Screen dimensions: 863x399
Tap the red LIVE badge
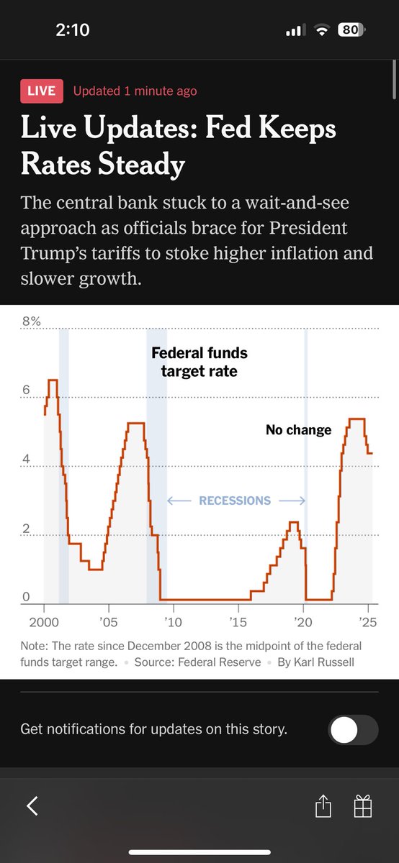click(x=42, y=91)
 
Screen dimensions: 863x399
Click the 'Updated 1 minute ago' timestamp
click(x=135, y=91)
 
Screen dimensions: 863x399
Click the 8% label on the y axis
click(x=31, y=322)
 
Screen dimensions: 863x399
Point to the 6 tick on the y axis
click(x=26, y=391)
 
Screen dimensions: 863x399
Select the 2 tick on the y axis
click(x=26, y=529)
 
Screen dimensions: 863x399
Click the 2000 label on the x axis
click(x=43, y=621)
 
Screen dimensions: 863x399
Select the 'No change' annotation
click(x=298, y=430)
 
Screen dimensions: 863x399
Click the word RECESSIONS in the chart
click(x=235, y=501)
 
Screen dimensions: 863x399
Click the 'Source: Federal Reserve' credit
click(x=197, y=662)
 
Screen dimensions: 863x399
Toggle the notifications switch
click(x=353, y=729)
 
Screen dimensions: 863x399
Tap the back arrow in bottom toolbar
click(x=32, y=806)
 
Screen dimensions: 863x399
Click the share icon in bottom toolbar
click(x=323, y=806)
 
